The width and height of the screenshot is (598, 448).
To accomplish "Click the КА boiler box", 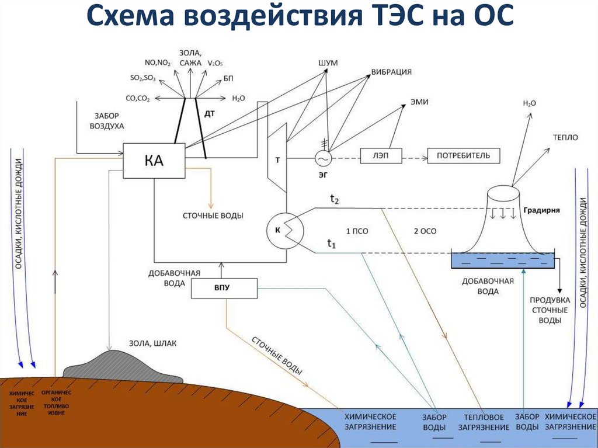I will pyautogui.click(x=154, y=161).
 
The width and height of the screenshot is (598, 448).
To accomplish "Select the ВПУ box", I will pyautogui.click(x=224, y=289).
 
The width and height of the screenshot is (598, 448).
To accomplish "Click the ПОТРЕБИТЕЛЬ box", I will pyautogui.click(x=464, y=155).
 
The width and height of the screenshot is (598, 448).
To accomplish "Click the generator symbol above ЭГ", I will pyautogui.click(x=323, y=158).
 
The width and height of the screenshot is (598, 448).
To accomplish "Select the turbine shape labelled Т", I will pyautogui.click(x=277, y=161).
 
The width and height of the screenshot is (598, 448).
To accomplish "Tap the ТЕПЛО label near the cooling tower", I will pyautogui.click(x=565, y=137).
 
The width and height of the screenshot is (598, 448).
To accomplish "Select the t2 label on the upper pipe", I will pyautogui.click(x=335, y=199).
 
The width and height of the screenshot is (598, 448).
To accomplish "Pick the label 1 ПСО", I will pyautogui.click(x=357, y=231).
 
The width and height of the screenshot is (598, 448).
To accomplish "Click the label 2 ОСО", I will pyautogui.click(x=425, y=231).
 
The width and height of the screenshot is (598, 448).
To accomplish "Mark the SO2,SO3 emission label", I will pyautogui.click(x=142, y=77).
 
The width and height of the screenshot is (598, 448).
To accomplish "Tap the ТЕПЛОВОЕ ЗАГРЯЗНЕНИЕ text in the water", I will pyautogui.click(x=484, y=422).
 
